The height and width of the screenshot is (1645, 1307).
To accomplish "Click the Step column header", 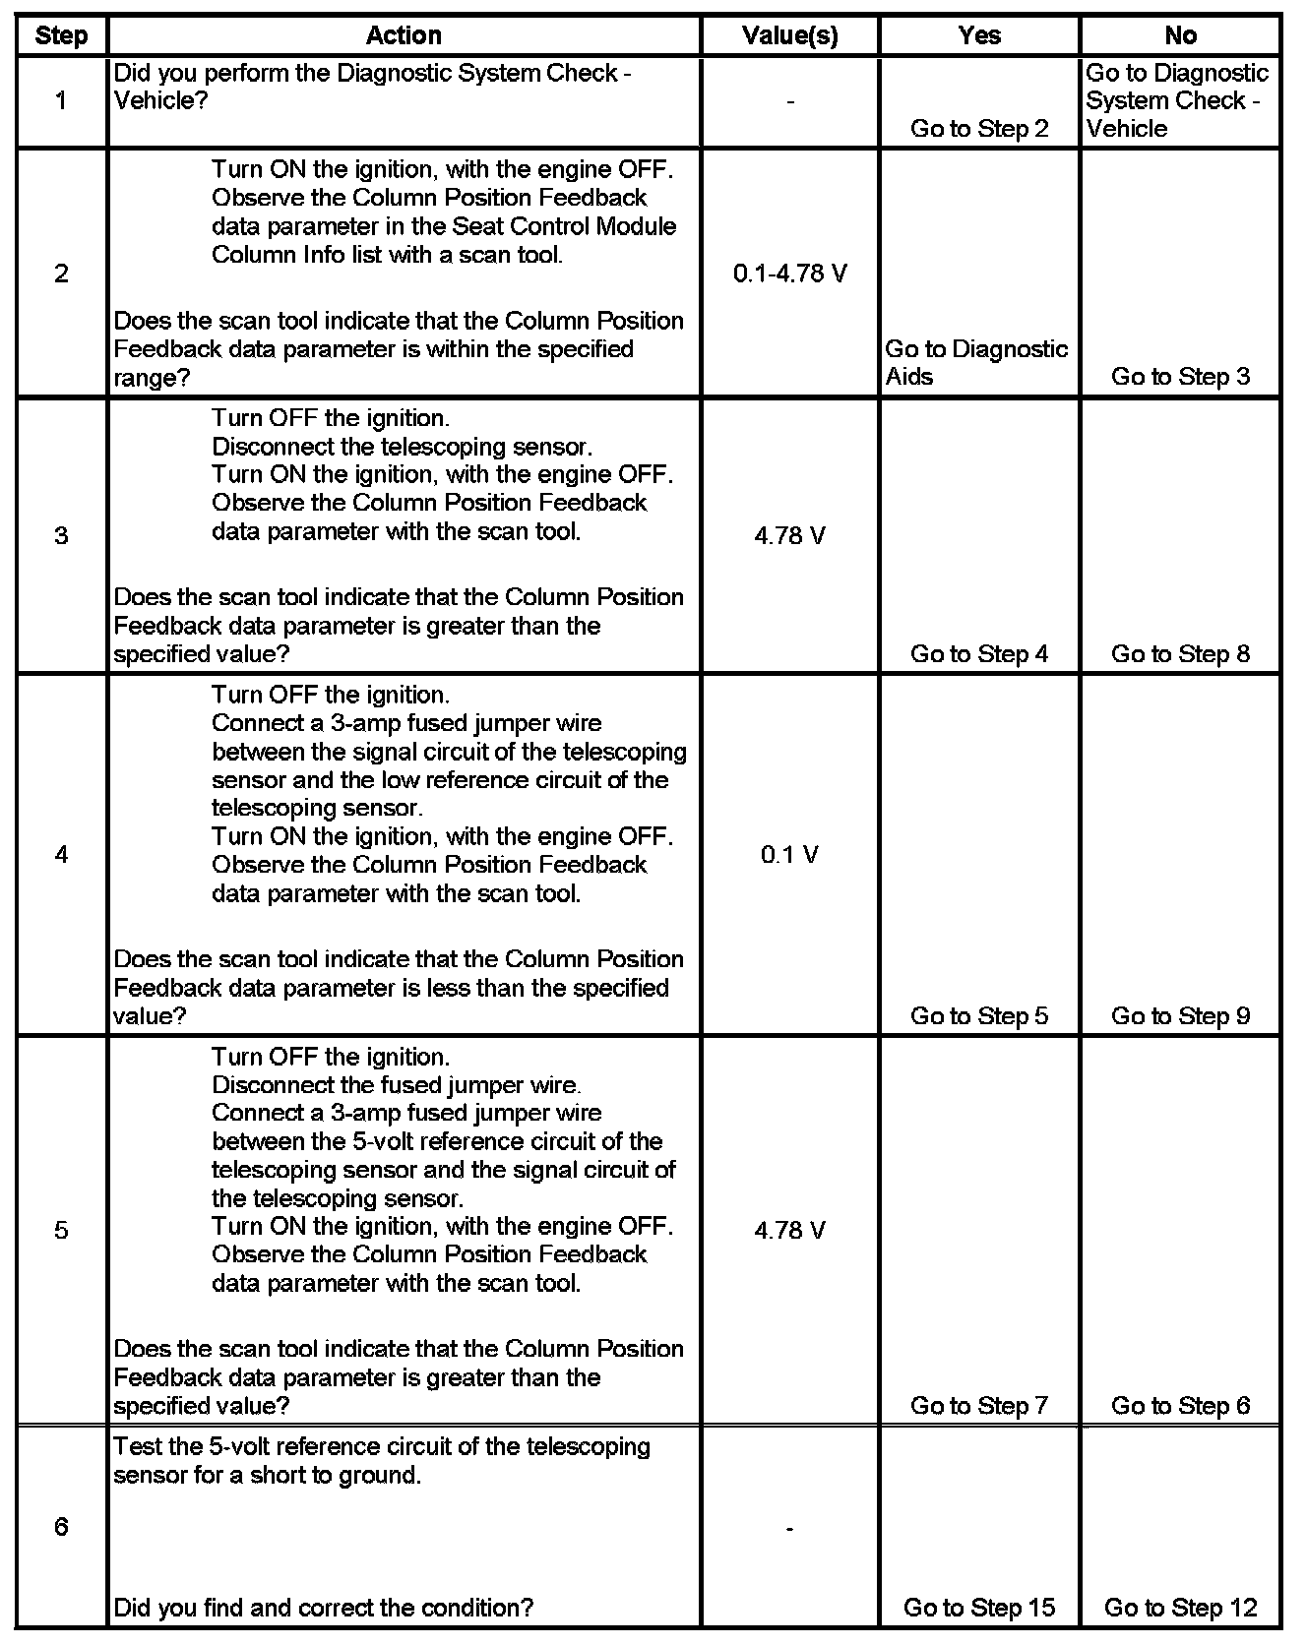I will point(61,36).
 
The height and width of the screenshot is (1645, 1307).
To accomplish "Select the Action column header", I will point(404,36).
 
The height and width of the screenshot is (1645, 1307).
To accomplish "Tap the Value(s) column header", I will point(789,36).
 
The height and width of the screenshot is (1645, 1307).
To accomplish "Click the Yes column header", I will point(979,36).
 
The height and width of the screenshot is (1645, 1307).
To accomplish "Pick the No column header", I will point(1180,36).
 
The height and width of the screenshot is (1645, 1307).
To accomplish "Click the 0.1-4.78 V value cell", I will point(789,274).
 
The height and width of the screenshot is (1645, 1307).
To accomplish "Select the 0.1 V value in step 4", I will point(789,854).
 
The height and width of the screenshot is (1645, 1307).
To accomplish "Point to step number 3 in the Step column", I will point(61,535).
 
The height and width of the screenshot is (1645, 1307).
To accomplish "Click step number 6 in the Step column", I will point(61,1526).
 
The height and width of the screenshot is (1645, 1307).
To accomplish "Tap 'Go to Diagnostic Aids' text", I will point(976,362).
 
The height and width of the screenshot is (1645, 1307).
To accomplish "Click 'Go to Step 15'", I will point(979,1607).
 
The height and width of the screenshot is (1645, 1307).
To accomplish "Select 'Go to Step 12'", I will point(1180,1607).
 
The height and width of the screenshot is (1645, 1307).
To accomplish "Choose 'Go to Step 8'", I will point(1180,653).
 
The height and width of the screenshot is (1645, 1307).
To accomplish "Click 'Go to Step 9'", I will point(1180,1015).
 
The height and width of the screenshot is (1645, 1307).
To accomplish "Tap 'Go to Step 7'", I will point(979,1405).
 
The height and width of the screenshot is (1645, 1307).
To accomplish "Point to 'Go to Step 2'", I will point(979,128).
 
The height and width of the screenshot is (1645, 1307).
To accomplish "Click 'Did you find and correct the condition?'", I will point(324,1607).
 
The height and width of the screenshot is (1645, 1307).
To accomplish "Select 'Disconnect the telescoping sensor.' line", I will point(402,447).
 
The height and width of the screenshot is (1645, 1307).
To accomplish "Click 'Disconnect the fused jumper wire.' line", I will point(396,1085).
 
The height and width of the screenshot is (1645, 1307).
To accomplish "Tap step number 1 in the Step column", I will point(61,100).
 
